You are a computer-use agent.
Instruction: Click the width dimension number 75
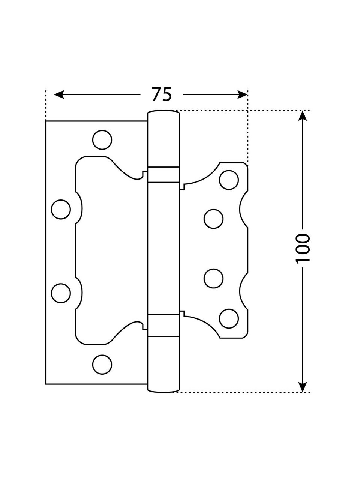coord(162,94)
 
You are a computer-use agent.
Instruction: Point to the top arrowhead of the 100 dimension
coord(303,116)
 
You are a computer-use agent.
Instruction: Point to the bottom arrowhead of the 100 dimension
coord(303,386)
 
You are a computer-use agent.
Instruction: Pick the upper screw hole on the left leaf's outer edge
coord(61,210)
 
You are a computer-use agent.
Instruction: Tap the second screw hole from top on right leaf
coord(214,219)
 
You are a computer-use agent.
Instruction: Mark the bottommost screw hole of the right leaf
coord(229,318)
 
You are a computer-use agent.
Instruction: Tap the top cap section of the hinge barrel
coord(164,139)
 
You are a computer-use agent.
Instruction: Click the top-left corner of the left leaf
coord(46,121)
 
